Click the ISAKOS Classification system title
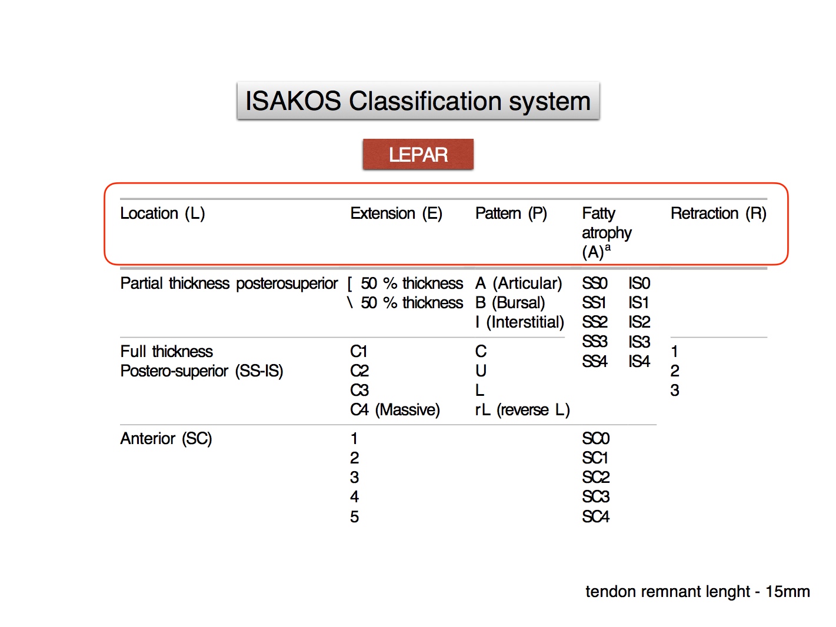click(418, 101)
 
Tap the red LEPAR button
click(418, 154)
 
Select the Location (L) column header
click(162, 214)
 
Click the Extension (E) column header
click(396, 214)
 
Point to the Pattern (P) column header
click(511, 214)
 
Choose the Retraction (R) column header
click(718, 214)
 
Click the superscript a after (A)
click(608, 248)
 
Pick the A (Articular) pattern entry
click(518, 284)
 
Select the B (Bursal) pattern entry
click(510, 303)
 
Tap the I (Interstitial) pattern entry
click(519, 322)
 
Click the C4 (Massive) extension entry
click(395, 410)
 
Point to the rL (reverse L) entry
click(522, 410)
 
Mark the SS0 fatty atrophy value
click(595, 284)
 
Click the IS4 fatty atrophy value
click(639, 361)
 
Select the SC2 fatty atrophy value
click(596, 478)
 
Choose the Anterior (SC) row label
click(166, 439)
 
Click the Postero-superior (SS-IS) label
click(202, 371)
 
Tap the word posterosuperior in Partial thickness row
click(287, 284)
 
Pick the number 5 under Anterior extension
click(354, 517)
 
